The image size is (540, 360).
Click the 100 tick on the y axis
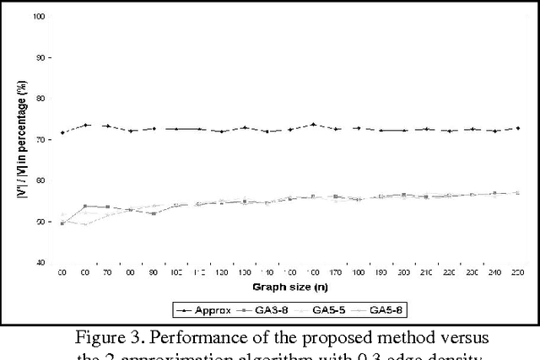[x=39, y=17]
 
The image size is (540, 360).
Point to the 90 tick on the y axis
[x=39, y=57]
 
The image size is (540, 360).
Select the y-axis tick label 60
[x=40, y=181]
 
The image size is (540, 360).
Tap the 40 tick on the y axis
[x=40, y=263]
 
